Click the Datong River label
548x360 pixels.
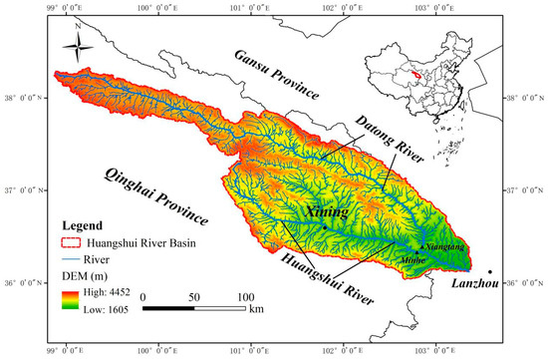[x=388, y=140]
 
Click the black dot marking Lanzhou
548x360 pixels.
[x=490, y=269]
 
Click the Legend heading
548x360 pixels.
[x=85, y=226]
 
